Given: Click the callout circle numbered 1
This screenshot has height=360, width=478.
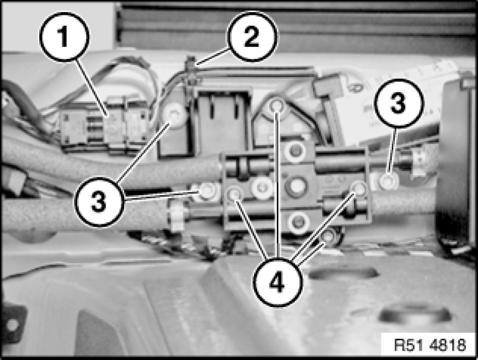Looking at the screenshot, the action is click(64, 37).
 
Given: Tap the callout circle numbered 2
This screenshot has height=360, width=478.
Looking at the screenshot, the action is click(252, 37).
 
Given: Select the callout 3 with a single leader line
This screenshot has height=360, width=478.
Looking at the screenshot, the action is click(399, 102).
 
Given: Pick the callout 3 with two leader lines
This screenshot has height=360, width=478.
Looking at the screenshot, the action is click(99, 201).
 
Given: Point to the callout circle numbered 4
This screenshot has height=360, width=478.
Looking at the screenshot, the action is click(277, 282).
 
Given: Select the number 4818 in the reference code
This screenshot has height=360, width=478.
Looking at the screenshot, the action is click(448, 345).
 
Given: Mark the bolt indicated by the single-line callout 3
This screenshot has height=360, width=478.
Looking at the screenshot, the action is click(388, 181).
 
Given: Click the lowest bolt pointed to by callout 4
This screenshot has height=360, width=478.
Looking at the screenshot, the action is click(329, 236).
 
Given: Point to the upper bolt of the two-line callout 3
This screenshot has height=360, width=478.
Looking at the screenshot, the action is click(174, 115).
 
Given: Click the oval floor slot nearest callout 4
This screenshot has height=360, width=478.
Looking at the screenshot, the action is click(343, 273).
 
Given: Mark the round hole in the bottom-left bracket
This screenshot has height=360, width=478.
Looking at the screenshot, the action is click(12, 325).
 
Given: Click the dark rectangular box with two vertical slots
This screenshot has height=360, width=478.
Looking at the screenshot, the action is click(222, 122).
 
